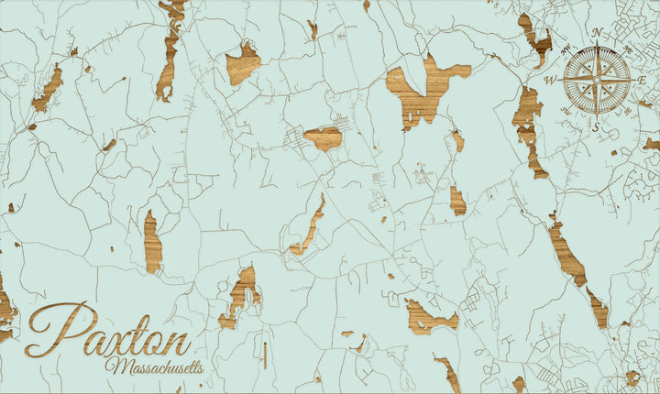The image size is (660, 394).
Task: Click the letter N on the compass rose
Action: click(597, 32)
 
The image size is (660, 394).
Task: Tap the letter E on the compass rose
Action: click(643, 81)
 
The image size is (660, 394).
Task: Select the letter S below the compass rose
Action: click(596, 127)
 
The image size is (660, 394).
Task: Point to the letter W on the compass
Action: click(551, 81)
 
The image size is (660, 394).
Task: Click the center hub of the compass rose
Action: click(597, 81)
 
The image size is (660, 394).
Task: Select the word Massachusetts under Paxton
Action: click(154, 367)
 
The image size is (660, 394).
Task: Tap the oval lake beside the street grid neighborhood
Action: click(324, 138)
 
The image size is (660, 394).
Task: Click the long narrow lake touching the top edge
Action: click(169, 50)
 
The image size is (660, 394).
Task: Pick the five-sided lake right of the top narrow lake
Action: click(242, 64)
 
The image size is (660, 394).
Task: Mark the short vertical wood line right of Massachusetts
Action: click(265, 355)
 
